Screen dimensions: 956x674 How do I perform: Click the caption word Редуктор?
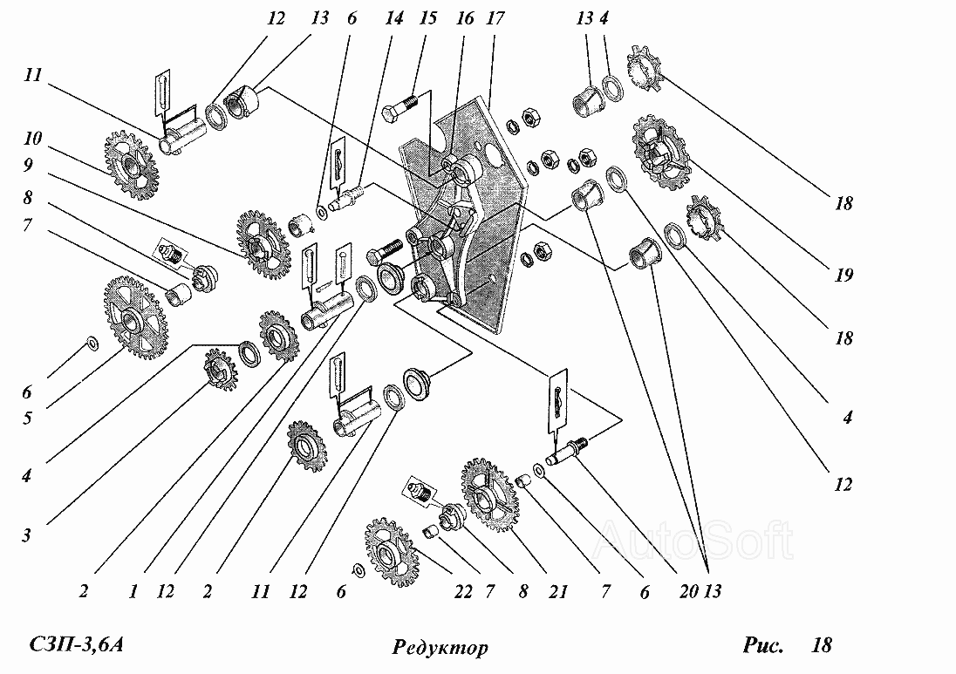coord(440,647)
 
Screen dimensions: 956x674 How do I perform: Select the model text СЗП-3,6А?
coord(77,644)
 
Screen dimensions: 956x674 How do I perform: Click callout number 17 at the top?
coord(495,18)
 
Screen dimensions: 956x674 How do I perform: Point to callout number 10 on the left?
coord(33,139)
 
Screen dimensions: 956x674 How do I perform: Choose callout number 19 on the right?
coord(843,275)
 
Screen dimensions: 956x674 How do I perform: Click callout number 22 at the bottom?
coord(463,592)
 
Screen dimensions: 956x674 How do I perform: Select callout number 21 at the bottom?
coord(558,592)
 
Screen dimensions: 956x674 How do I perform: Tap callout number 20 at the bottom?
coord(689,591)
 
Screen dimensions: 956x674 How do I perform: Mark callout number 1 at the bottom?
coord(133,591)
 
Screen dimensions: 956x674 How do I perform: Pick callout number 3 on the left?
coord(27,535)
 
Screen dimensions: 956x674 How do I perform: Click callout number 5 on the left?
coord(27,418)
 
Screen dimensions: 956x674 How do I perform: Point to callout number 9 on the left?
coord(28,165)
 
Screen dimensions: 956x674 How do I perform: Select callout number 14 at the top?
coord(394,18)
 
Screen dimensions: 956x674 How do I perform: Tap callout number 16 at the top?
coord(465,18)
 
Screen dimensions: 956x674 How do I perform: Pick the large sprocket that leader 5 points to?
coord(134,317)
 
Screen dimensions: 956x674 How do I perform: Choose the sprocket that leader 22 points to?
coord(392,552)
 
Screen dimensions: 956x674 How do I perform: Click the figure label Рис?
coord(762,644)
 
